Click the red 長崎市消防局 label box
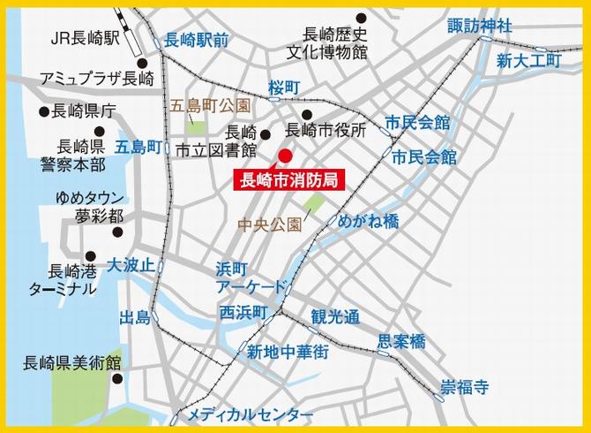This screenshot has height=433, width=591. pos(288,179)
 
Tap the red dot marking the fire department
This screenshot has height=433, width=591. pos(284,156)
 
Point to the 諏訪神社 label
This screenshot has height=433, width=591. pos(479,25)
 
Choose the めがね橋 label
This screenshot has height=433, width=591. pos(369,221)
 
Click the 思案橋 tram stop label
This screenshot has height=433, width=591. pos(401,340)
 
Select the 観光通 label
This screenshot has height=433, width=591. pos(335,315)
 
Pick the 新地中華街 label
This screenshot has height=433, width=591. pos(288,352)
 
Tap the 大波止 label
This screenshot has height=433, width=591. pos(131,264)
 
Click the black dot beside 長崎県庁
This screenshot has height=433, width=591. pos(41,112)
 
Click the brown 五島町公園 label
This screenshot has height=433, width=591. pos(210,107)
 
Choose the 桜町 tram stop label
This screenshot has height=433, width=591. pos(284,87)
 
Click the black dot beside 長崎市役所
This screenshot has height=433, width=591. pos(306,115)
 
